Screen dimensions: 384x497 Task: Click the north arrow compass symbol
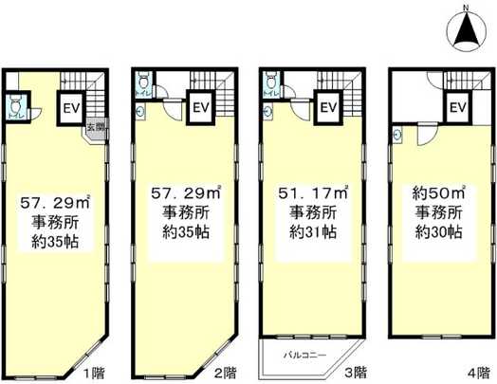pyautogui.click(x=465, y=29)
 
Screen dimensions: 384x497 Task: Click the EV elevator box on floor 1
pyautogui.click(x=71, y=108)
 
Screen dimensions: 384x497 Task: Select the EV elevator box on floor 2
pyautogui.click(x=200, y=107)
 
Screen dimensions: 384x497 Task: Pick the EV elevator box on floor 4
pyautogui.click(x=456, y=107)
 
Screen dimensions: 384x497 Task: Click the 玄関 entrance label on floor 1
pyautogui.click(x=96, y=126)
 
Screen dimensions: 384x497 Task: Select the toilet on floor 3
pyautogui.click(x=269, y=82)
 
